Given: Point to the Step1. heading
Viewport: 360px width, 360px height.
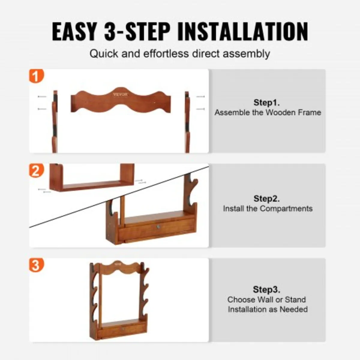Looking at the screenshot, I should click(267, 103).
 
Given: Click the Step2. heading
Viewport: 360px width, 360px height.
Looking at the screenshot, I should click(267, 199).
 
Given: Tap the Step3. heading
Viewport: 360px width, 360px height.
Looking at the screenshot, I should click(267, 289).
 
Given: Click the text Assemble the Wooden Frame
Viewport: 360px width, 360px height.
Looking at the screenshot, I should click(268, 112).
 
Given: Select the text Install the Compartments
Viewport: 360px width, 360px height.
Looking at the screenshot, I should click(268, 208).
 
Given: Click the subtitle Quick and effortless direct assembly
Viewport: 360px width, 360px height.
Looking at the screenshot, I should click(180, 54).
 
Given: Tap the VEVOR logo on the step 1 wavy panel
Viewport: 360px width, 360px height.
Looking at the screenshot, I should click(120, 94).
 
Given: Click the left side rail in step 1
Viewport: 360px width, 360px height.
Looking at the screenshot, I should click(54, 121).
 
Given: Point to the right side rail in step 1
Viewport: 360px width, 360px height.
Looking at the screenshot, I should click(187, 121).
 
